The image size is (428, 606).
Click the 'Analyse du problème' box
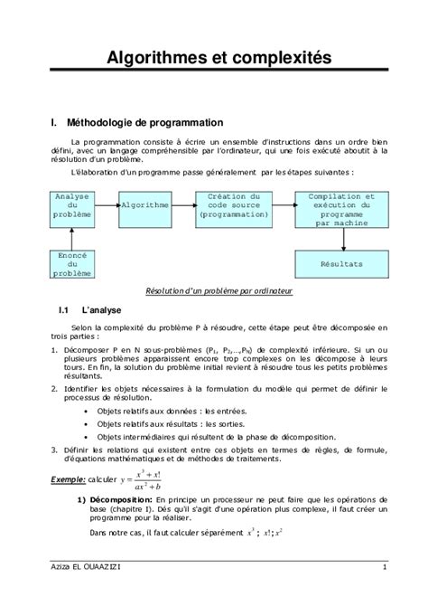(72, 205)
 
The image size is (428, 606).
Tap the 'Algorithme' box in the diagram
(144, 205)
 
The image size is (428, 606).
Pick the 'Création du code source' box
(234, 205)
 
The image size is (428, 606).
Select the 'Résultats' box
(341, 264)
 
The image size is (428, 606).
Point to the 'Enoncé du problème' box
(72, 264)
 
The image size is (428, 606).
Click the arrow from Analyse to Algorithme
(107, 205)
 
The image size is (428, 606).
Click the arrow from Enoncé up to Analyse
(72, 236)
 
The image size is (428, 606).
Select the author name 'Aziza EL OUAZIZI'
(88, 567)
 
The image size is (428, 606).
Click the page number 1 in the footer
(384, 567)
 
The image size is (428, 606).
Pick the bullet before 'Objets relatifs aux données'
(87, 410)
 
